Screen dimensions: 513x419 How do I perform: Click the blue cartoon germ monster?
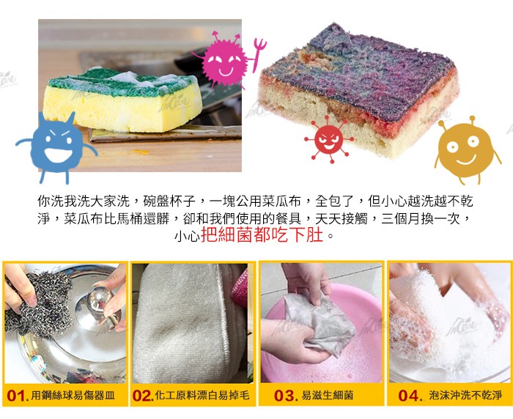[x=56, y=144]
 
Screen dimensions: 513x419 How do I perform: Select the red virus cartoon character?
[x=328, y=139]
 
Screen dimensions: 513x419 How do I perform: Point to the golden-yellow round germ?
[x=466, y=149]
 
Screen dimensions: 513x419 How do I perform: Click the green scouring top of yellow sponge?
[x=121, y=82]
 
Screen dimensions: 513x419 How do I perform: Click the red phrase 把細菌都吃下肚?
[x=262, y=234]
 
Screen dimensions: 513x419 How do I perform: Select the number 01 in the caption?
[x=16, y=396]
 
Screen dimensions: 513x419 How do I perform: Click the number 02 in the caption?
[x=142, y=396]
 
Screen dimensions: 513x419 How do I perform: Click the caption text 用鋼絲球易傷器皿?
[x=73, y=396]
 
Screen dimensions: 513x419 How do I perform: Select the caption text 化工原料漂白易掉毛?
[x=202, y=396]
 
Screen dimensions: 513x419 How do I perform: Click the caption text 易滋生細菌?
[x=327, y=396]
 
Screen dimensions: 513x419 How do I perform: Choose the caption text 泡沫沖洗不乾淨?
[x=465, y=396]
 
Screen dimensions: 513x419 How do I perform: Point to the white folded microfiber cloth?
[x=183, y=324]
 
